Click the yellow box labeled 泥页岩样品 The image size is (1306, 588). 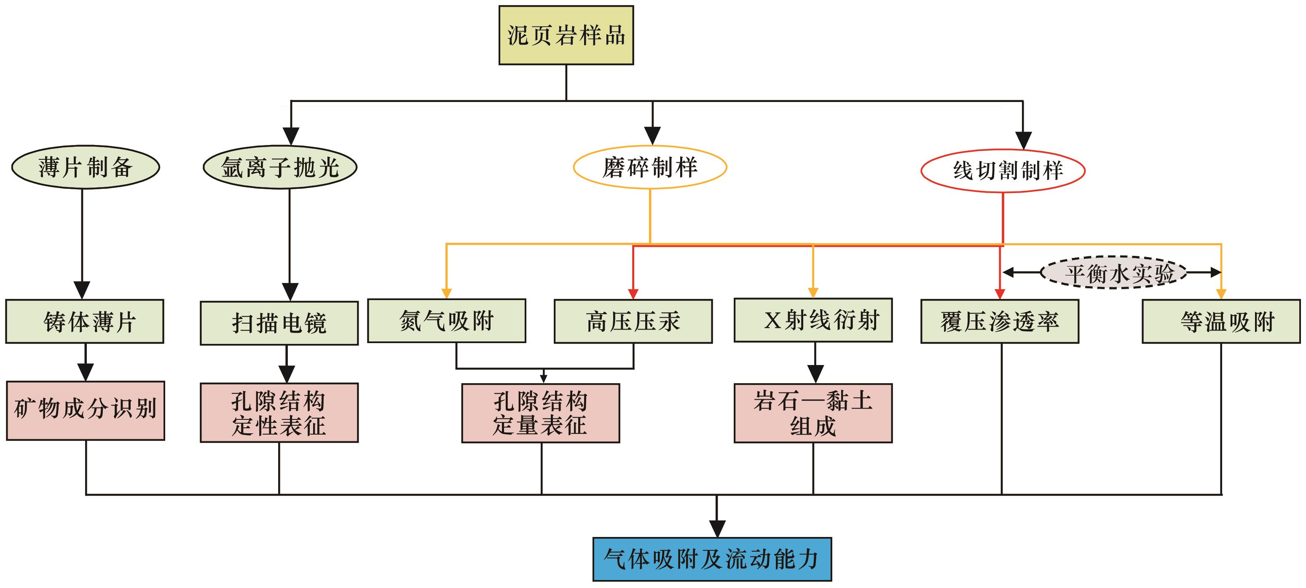[566, 35]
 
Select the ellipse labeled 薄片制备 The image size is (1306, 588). [85, 167]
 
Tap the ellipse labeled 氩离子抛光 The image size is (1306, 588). [280, 167]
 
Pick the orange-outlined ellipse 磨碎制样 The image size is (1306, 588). [650, 167]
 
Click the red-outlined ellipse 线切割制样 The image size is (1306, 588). [1003, 171]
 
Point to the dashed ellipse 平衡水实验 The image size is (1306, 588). [1113, 273]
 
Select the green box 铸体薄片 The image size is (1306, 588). [85, 321]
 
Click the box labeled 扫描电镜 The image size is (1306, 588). [279, 323]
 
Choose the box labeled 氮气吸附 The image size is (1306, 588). [446, 320]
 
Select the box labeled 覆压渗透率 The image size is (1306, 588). [999, 321]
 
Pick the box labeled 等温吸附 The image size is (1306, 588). [1221, 321]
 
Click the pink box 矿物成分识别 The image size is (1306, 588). [85, 411]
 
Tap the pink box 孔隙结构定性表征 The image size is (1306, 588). [279, 413]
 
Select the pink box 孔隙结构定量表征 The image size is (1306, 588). [540, 413]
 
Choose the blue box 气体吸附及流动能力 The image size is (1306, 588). [712, 559]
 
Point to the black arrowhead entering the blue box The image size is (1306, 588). [716, 529]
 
